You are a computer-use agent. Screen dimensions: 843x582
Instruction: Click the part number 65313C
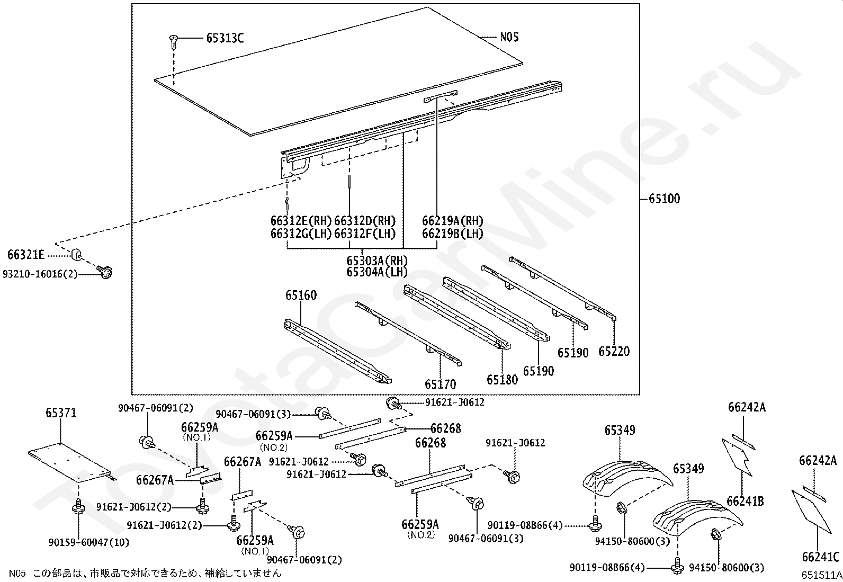225,38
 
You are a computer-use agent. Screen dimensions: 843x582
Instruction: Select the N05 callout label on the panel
509,37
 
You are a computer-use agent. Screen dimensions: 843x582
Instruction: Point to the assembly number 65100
664,199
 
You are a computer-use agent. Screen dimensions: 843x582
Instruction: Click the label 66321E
26,255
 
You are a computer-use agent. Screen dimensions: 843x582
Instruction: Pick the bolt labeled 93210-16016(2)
106,272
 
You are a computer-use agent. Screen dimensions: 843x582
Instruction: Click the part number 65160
301,295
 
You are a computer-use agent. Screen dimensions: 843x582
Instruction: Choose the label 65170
440,384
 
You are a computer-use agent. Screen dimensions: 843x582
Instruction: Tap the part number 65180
502,379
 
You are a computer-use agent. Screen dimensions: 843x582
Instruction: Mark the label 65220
614,351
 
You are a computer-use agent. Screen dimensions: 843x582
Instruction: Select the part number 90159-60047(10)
88,543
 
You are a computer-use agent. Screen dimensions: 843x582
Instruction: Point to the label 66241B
745,500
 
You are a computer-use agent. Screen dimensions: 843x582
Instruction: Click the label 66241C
821,557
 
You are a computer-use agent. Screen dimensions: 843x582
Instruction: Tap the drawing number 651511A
821,575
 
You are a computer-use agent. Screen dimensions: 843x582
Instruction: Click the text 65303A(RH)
377,261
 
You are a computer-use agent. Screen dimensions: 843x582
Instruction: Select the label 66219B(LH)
452,233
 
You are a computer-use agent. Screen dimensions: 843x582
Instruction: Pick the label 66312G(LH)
301,233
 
